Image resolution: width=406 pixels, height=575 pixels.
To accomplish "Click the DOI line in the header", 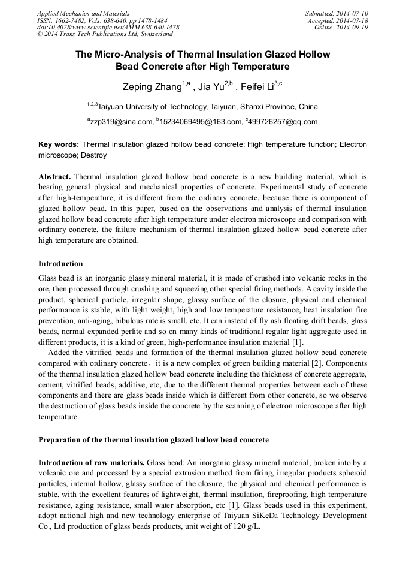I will point(108,28).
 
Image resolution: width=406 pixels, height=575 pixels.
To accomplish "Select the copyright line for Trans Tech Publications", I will point(105,35).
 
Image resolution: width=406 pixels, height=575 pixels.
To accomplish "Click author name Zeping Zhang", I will point(153,88).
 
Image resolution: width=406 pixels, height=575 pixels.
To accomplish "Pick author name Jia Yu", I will point(210,88).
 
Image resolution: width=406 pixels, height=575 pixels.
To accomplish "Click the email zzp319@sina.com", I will point(122,122).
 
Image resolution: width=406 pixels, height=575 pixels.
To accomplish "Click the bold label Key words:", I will point(58,144).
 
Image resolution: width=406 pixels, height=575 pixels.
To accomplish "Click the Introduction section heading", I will point(60,264).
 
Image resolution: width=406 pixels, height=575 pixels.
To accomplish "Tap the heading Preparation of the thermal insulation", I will point(153,440).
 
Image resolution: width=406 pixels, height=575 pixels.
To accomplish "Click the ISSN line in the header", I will point(102,20).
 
